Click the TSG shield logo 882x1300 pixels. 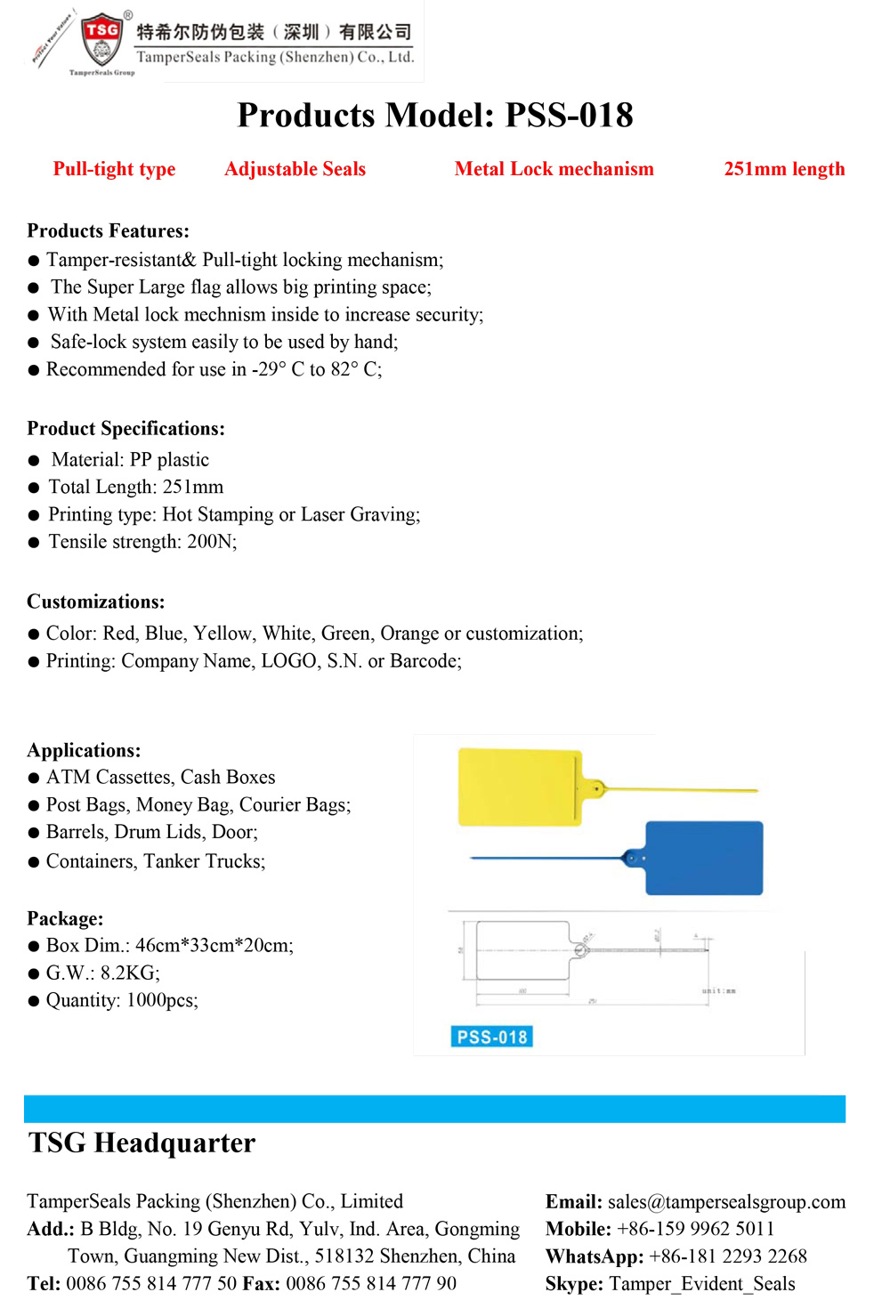click(x=102, y=39)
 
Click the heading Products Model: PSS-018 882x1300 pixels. click(x=435, y=115)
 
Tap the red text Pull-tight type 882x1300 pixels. click(x=114, y=169)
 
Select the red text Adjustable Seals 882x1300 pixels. click(x=295, y=169)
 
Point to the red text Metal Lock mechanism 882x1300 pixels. click(x=554, y=169)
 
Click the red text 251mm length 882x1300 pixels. click(x=784, y=169)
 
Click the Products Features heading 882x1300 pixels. click(x=108, y=231)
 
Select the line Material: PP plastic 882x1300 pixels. click(x=130, y=460)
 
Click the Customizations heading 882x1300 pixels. click(x=95, y=602)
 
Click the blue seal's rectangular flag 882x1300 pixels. click(x=704, y=858)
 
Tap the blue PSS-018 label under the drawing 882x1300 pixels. click(x=491, y=1037)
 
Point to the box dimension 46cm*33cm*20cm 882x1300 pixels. click(x=214, y=945)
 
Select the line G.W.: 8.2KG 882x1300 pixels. click(x=102, y=973)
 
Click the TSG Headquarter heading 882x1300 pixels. click(x=142, y=1143)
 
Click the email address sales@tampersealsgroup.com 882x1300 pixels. click(x=726, y=1202)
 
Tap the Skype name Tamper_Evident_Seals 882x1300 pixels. click(x=702, y=1284)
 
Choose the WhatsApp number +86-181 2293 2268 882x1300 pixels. click(x=728, y=1256)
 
